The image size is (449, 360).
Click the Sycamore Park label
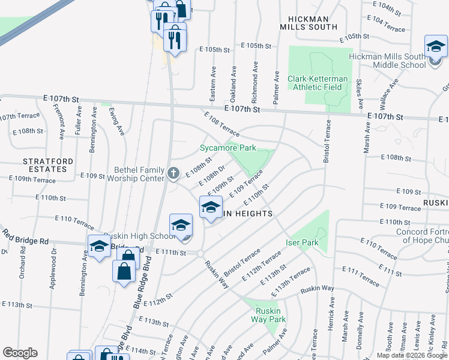(228, 148)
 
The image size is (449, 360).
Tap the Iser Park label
(301, 242)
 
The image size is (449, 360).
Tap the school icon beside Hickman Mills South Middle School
(436, 47)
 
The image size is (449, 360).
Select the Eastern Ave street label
(213, 79)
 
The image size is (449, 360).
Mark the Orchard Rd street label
(23, 259)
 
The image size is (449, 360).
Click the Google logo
(20, 353)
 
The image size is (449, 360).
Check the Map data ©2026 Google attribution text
(412, 355)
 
